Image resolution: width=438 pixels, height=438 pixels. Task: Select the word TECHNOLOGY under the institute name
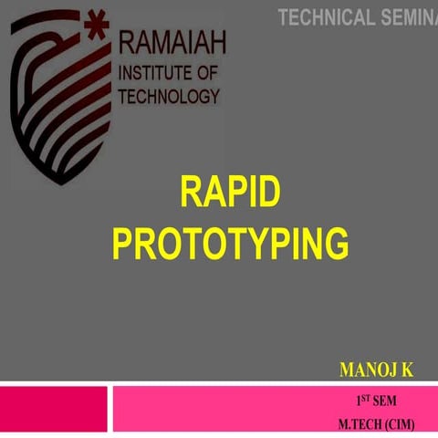point(169,96)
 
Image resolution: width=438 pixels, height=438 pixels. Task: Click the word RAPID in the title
point(230,194)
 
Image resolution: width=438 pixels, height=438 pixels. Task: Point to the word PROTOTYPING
point(230,244)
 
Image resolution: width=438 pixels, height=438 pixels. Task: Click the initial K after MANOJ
point(407,370)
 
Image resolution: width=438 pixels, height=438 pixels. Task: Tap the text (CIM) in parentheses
point(400,423)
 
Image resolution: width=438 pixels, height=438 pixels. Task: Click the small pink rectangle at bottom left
point(53,411)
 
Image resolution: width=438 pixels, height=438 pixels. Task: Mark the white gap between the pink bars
point(109,411)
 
